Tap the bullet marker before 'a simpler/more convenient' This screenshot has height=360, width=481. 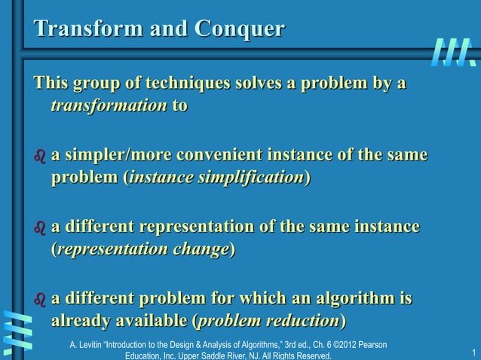pos(39,157)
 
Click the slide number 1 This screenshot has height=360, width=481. pos(472,353)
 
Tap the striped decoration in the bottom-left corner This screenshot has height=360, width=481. pos(17,330)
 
